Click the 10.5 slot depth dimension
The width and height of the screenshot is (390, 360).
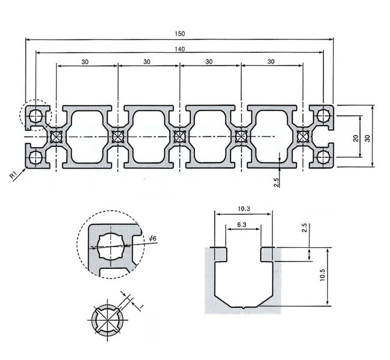click(322, 276)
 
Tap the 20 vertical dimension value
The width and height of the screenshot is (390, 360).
click(356, 138)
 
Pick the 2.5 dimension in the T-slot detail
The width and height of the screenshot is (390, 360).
click(304, 229)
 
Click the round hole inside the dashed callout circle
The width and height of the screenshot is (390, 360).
click(35, 115)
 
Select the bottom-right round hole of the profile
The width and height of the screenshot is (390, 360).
click(324, 158)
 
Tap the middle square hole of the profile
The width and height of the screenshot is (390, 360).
click(179, 136)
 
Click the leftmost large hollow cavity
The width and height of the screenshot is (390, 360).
click(86, 137)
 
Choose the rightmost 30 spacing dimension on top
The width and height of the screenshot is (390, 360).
click(271, 62)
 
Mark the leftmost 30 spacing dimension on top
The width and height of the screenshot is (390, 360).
click(86, 62)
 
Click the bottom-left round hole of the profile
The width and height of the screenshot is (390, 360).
click(35, 158)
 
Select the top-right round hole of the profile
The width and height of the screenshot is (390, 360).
click(324, 115)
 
